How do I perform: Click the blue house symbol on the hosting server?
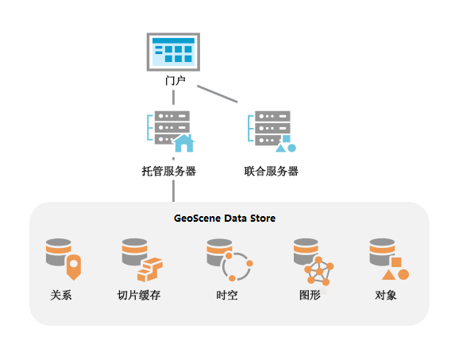pyautogui.click(x=184, y=143)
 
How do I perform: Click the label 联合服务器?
pyautogui.click(x=272, y=171)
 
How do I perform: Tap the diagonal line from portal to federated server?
pyautogui.click(x=218, y=94)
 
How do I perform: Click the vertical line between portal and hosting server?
pyautogui.click(x=173, y=98)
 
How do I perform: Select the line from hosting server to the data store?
pyautogui.click(x=173, y=191)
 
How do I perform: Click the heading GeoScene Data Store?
pyautogui.click(x=225, y=218)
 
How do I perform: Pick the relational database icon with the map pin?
pyautogui.click(x=64, y=258)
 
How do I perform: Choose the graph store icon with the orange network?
pyautogui.click(x=313, y=261)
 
